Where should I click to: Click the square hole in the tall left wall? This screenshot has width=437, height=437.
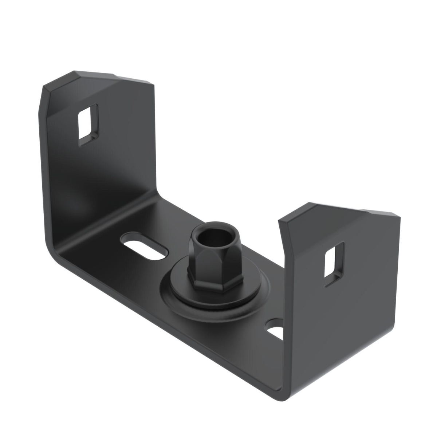pos(88,125)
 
